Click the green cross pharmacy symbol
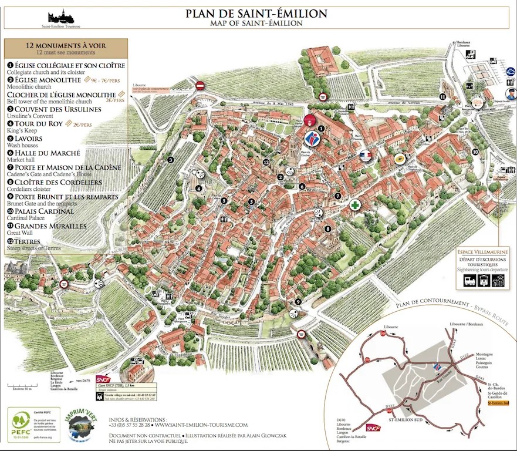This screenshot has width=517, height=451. tap(355, 205)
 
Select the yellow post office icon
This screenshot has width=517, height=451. tap(401, 158)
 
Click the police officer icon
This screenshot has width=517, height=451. tap(509, 93)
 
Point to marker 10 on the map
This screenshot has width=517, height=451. tap(475, 152)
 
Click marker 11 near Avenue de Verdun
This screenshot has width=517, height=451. tap(442, 96)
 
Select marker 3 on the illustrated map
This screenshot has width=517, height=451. tap(170, 160)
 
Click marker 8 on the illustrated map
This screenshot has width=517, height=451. tap(328, 229)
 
